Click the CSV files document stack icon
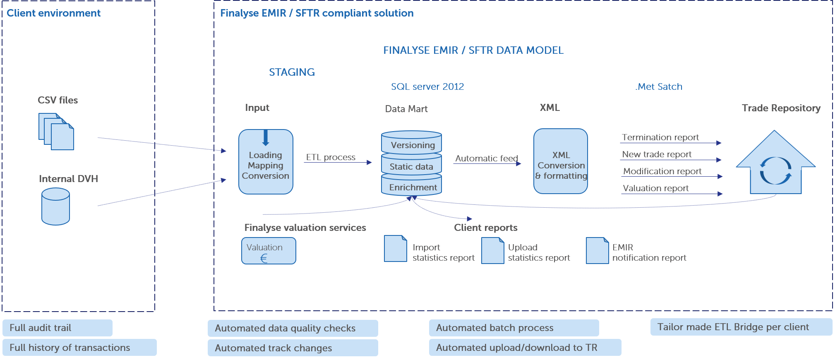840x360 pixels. coord(56,132)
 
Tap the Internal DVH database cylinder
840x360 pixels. coord(55,206)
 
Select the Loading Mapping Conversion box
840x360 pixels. coord(266,162)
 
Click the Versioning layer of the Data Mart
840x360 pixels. coord(412,143)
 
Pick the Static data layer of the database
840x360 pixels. coord(412,165)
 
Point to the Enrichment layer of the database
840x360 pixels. coord(412,185)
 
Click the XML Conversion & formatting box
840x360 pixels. coord(561,161)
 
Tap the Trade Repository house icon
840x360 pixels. coord(776,162)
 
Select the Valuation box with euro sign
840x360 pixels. coord(269,251)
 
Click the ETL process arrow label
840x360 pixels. coord(331,157)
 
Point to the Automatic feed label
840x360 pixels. coord(487,158)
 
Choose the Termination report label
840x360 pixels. coord(660,137)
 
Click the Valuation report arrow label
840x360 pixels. coord(656,188)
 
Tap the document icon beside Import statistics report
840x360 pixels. coord(396,249)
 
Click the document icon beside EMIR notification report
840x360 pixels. coord(598,250)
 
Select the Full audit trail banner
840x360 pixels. coord(58,328)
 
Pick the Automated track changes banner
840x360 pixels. coord(293,348)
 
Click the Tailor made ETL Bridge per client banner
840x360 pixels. coord(742,327)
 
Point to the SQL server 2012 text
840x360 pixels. coord(427,86)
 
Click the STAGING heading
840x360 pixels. coord(292,72)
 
